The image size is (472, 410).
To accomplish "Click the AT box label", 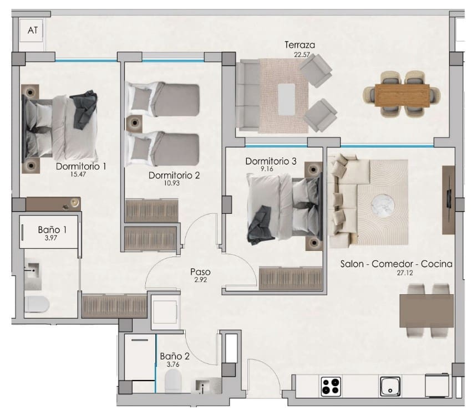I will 33,31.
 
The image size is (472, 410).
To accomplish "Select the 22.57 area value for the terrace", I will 302,54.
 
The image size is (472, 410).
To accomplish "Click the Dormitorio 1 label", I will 81,166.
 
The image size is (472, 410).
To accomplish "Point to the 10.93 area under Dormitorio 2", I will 174,183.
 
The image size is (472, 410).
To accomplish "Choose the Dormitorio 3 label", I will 271,161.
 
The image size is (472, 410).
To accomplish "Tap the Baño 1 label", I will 48,229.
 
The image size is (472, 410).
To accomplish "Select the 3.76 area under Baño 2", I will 174,364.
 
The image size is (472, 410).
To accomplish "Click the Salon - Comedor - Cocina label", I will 396,264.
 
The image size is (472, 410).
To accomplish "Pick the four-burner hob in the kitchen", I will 331,386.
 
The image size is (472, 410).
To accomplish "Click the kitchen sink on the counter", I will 390,386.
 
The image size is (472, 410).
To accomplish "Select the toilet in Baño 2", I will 174,381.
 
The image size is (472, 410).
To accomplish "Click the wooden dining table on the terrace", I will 402,95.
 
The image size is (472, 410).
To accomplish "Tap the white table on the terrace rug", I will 286,98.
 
